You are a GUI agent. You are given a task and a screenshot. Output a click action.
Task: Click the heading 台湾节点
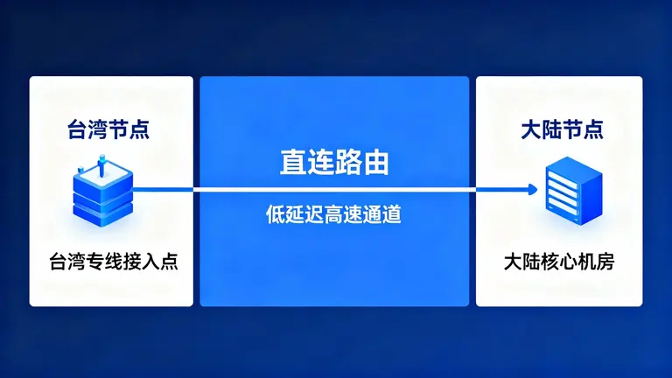108,131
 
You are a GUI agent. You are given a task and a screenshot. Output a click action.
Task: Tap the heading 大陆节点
562,131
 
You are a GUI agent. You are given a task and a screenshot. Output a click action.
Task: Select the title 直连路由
335,164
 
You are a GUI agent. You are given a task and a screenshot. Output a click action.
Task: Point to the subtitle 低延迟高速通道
335,214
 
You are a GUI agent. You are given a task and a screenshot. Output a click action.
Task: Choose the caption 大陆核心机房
562,261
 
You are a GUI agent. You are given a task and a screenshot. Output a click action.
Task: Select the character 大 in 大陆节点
530,131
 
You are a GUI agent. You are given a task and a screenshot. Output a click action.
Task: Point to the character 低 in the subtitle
276,214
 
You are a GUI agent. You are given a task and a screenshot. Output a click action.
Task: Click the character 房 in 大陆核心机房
610,261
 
